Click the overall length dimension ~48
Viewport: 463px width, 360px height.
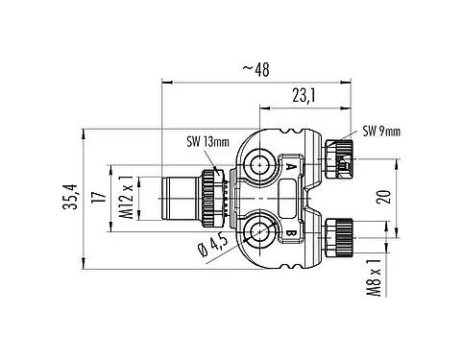tap(255, 68)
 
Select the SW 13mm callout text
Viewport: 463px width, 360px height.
tap(207, 143)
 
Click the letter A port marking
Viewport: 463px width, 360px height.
tap(291, 167)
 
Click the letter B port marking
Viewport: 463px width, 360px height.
tap(291, 231)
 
